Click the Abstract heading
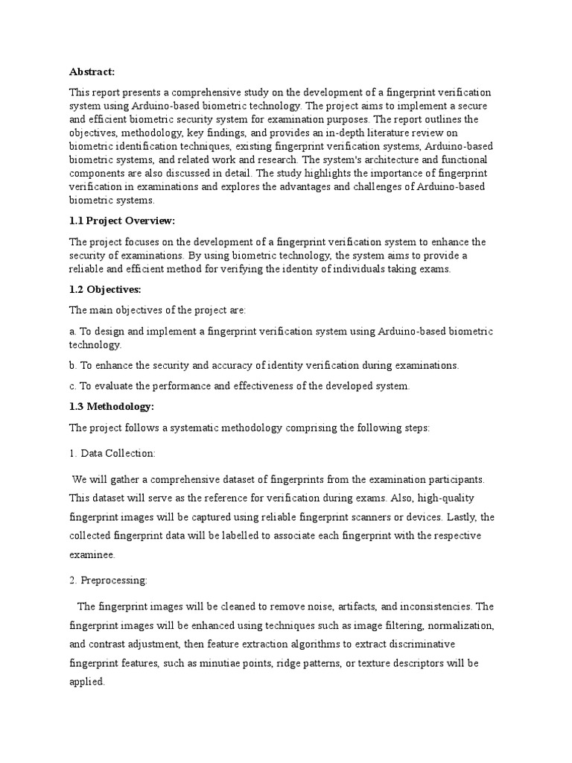[x=92, y=72]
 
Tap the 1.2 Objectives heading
[x=105, y=289]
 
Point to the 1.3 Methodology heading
[x=112, y=407]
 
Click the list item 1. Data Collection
[x=112, y=453]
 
